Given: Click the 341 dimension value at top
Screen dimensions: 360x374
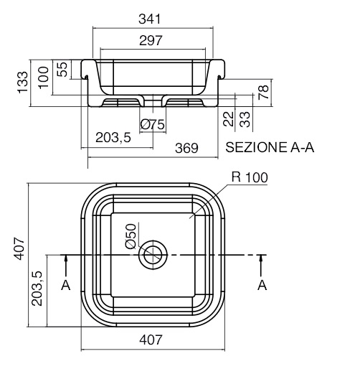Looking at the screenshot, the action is click(x=150, y=19).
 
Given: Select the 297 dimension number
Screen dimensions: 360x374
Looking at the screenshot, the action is click(x=151, y=40).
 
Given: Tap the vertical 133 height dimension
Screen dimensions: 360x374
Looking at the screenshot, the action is click(x=23, y=82).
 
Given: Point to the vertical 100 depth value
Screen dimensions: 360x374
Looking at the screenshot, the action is click(x=44, y=78).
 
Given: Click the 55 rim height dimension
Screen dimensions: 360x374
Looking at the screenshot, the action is click(x=63, y=70).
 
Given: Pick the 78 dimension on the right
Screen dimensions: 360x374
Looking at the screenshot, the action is click(x=264, y=93).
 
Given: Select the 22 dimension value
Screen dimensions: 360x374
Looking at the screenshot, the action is click(x=228, y=118).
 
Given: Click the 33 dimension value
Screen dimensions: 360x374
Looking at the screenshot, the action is click(x=245, y=119).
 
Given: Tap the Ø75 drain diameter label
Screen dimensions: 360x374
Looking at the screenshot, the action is click(x=153, y=124).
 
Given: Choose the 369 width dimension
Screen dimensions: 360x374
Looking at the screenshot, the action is click(x=186, y=148).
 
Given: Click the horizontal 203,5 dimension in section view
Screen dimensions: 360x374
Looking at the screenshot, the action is click(x=113, y=138).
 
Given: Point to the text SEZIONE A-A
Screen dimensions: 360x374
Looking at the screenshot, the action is click(x=270, y=147).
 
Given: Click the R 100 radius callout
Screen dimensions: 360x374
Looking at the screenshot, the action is click(x=250, y=177).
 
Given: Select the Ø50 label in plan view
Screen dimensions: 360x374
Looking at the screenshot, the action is click(x=131, y=236).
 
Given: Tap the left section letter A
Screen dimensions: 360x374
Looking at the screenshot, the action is click(x=66, y=285).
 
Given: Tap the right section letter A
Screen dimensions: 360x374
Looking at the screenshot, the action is click(x=262, y=285).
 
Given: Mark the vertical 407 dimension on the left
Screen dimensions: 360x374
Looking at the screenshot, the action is click(x=19, y=248).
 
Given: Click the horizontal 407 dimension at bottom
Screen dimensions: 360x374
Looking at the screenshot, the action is click(x=151, y=340).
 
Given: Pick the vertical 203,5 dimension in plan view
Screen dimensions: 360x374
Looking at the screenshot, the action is click(x=37, y=289).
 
